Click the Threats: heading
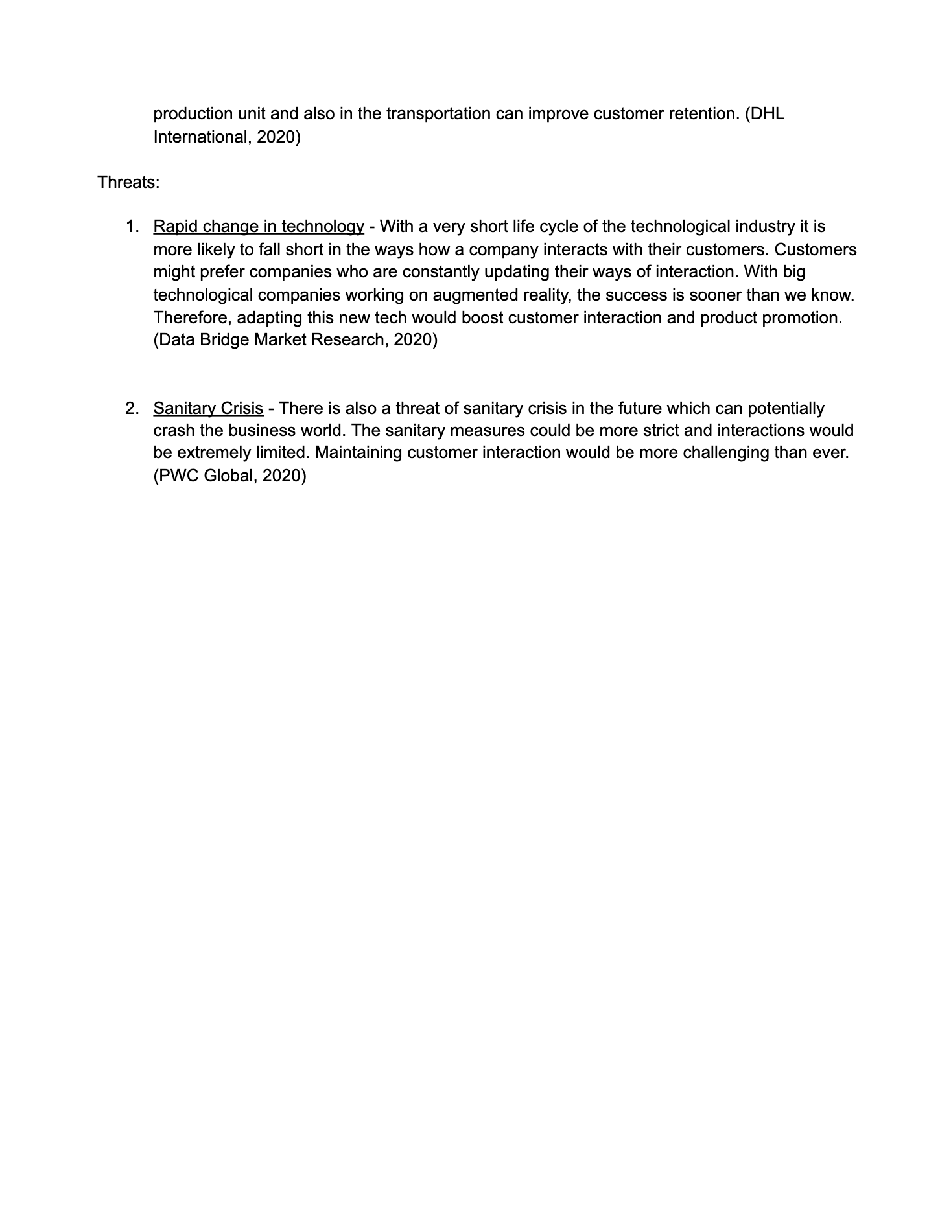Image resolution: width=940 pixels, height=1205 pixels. (x=128, y=183)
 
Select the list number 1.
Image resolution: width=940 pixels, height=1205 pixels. (x=132, y=227)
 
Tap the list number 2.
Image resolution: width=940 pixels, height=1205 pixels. (x=132, y=409)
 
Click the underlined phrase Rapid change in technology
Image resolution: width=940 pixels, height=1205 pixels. (x=259, y=227)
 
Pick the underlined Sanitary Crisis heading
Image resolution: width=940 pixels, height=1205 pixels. (x=208, y=409)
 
